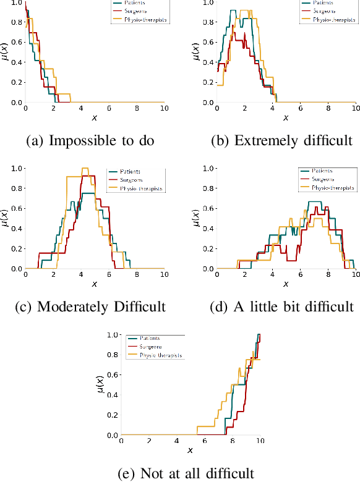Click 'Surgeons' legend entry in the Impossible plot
click(127, 11)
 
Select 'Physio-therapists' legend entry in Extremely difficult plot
click(328, 20)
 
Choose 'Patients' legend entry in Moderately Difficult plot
click(127, 170)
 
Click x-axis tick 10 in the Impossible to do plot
click(164, 109)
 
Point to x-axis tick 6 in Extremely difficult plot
click(299, 109)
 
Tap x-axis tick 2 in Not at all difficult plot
click(148, 441)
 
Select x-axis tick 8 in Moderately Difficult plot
click(136, 275)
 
